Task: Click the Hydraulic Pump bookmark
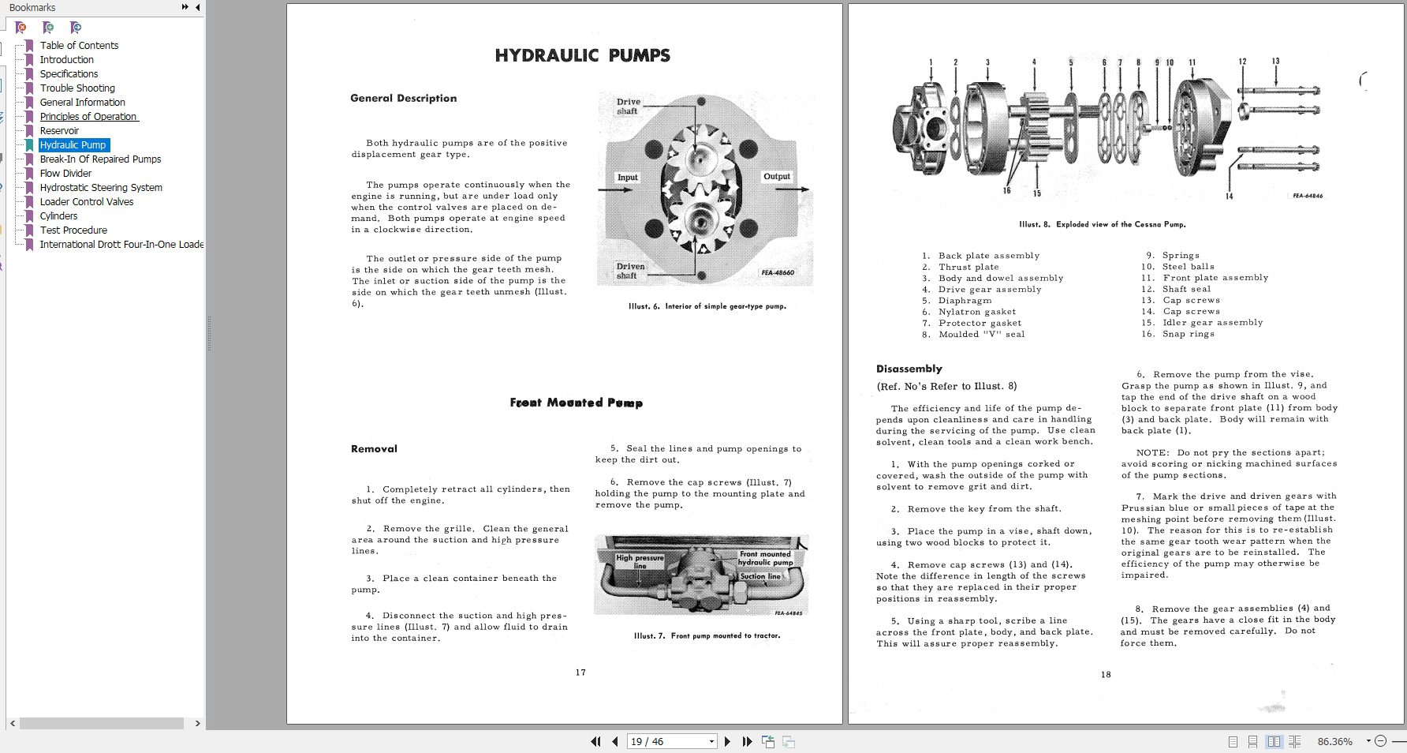tap(73, 145)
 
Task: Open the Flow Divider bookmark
tap(65, 174)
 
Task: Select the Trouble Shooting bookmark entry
tap(77, 88)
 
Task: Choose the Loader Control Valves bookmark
tap(87, 202)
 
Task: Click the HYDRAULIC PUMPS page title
tap(582, 56)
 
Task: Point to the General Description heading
tap(403, 99)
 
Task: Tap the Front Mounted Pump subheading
tap(576, 403)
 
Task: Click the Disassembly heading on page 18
tap(909, 369)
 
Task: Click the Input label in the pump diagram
tap(627, 178)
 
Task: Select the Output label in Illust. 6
tap(776, 177)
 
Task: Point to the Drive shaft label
tap(628, 107)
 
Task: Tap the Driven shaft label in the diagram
tap(630, 271)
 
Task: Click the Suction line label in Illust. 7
tap(759, 576)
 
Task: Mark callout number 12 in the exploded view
tap(1242, 62)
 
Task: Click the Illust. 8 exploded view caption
tap(1102, 225)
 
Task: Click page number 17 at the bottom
tap(580, 672)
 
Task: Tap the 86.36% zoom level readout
tap(1334, 742)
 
